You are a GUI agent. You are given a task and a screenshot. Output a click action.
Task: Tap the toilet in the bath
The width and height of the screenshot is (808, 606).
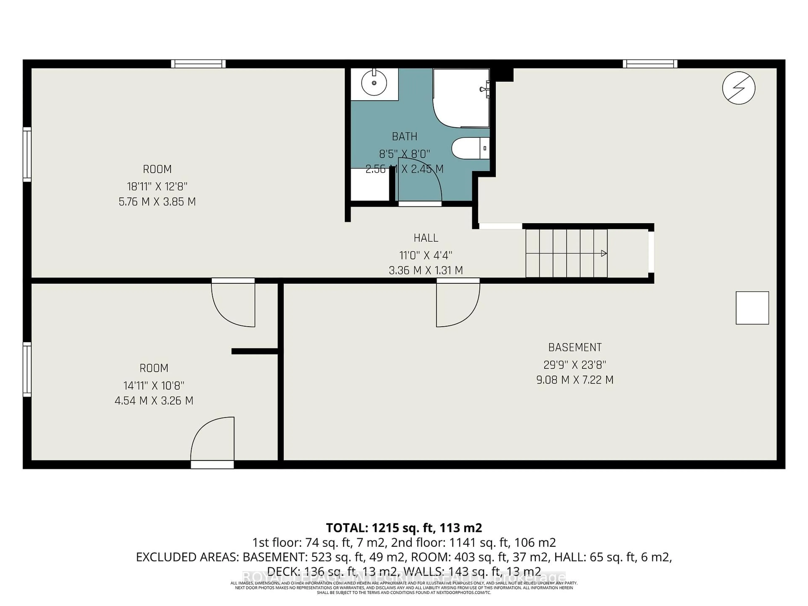point(470,148)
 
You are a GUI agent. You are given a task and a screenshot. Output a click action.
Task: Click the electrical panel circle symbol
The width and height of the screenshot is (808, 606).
point(739,88)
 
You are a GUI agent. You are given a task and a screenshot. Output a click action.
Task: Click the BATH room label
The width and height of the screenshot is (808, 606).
point(404,137)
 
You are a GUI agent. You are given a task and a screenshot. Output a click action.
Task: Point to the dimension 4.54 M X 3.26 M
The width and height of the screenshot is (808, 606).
point(154,401)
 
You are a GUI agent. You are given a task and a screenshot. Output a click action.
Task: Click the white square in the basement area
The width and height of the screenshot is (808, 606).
point(752,308)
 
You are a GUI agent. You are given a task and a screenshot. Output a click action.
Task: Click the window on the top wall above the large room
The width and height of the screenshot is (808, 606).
point(198,64)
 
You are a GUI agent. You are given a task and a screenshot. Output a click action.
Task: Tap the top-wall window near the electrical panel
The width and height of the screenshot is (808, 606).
point(650,64)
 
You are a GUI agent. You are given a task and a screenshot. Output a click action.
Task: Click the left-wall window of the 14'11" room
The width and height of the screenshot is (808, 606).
point(27,369)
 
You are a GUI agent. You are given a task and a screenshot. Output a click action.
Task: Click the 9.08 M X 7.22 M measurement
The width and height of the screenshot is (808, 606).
point(575,380)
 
